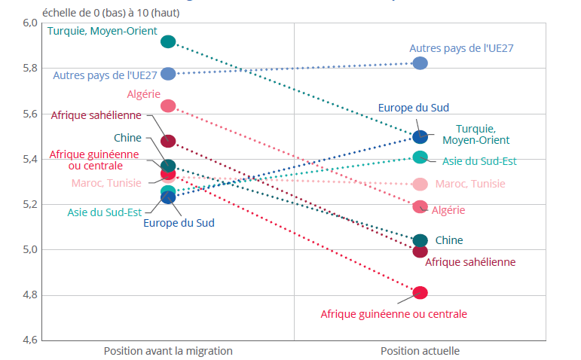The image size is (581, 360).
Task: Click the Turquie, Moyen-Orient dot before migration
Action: coord(168,41)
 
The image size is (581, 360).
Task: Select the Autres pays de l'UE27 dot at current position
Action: coord(420,63)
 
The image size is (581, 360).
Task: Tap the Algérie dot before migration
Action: coord(168,105)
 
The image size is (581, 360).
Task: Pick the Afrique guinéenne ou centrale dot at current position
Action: coord(420,292)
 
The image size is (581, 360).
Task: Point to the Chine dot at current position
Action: coord(420,240)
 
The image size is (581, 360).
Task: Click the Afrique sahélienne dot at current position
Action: coord(420,251)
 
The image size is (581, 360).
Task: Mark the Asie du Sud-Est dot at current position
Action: coord(420,157)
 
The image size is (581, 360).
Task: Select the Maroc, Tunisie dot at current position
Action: coord(420,184)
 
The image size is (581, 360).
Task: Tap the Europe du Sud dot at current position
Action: coord(420,137)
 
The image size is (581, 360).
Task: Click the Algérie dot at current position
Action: coord(420,206)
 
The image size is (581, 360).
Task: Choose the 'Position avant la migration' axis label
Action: coord(168,351)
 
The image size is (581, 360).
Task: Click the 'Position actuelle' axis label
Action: coord(420,351)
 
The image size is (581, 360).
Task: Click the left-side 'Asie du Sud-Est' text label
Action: coord(104,212)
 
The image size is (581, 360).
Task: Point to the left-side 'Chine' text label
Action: coord(127,138)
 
